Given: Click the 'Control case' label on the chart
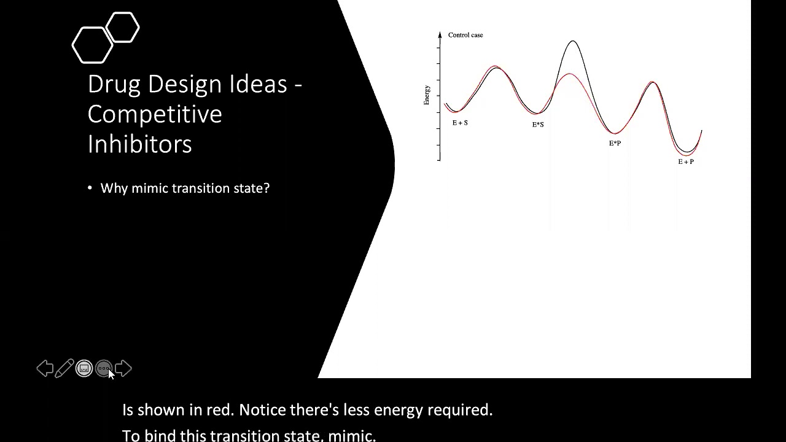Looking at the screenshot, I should point(465,35).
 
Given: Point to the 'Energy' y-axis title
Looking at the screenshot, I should point(427,95).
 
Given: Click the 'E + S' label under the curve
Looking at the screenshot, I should point(460,123).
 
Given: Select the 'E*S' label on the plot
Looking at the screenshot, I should point(538,125).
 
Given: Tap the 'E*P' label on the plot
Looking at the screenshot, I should point(615,143).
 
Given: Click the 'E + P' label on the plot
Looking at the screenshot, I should point(686,161).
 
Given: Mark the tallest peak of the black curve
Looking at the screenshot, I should point(572,41).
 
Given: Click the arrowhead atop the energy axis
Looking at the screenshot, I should point(440,34).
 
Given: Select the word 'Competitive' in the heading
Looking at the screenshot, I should point(155,114).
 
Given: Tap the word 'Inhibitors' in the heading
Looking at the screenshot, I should point(140,144).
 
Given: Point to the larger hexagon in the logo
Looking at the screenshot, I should point(93,45).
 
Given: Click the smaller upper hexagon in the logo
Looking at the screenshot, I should point(123,28).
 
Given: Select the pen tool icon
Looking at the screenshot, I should point(64,368).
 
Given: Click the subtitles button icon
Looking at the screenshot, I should point(84,368).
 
